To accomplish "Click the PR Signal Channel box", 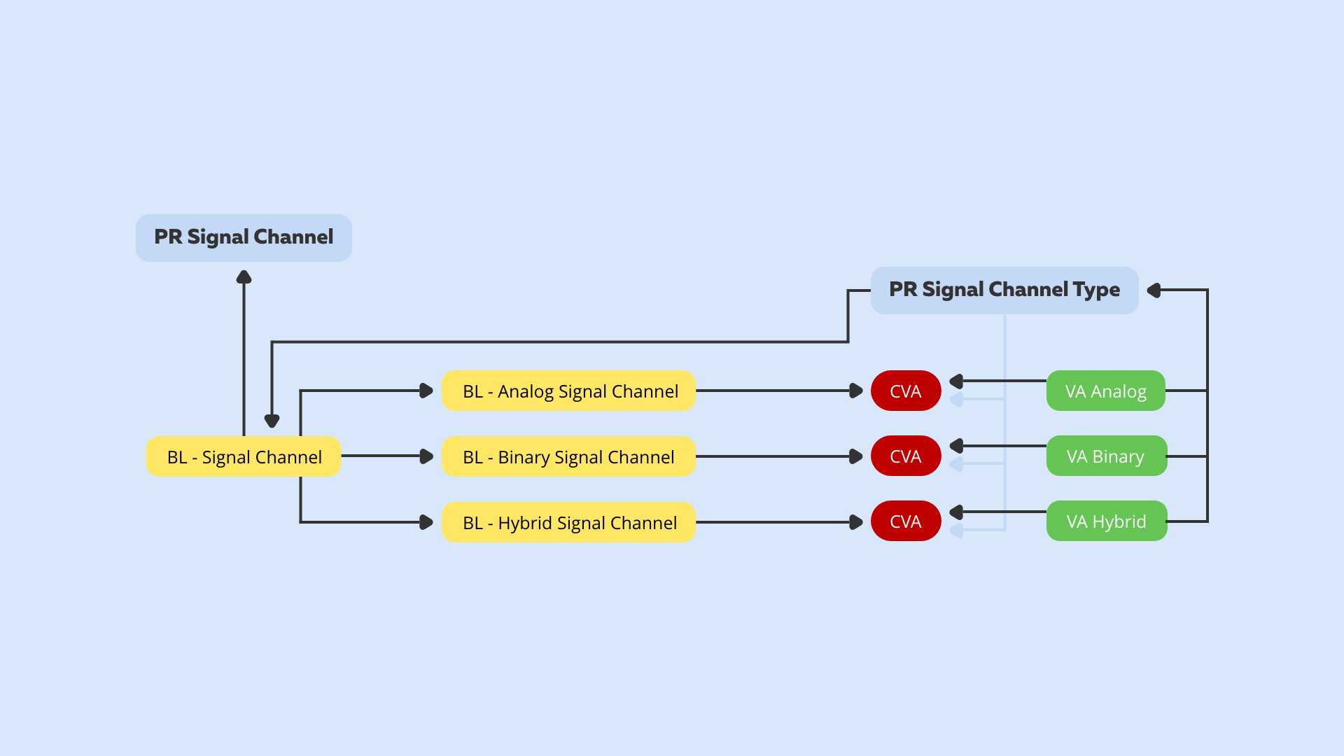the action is click(244, 238).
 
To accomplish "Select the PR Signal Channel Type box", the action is click(1004, 290).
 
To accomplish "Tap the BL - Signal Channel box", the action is click(244, 457).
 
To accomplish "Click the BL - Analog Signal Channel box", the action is click(568, 391).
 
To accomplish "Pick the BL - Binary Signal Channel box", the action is click(568, 457).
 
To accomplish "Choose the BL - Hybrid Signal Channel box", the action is click(568, 522).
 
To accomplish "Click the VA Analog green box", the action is click(1105, 391).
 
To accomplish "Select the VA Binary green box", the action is click(1106, 456).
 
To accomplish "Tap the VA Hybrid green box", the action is click(1106, 521).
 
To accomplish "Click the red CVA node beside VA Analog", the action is click(906, 391).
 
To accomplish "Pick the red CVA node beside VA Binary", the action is click(906, 456).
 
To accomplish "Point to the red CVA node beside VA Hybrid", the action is click(906, 521).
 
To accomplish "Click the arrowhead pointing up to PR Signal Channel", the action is click(244, 278).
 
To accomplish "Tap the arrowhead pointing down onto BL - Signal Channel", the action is click(272, 420).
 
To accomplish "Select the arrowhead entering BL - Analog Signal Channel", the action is click(426, 391).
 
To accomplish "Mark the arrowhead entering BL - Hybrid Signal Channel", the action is click(426, 522).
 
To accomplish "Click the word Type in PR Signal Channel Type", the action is click(1096, 290).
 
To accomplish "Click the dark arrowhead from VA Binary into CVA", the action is click(957, 446).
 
